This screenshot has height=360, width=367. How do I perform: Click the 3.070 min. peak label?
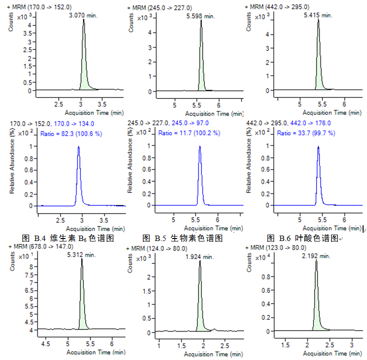point(83,16)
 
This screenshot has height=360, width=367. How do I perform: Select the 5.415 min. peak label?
point(318,16)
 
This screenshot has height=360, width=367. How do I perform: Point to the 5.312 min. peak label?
point(81,255)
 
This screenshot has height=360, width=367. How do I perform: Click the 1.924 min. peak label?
point(199,257)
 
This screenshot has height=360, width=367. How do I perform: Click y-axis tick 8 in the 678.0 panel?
point(30,267)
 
